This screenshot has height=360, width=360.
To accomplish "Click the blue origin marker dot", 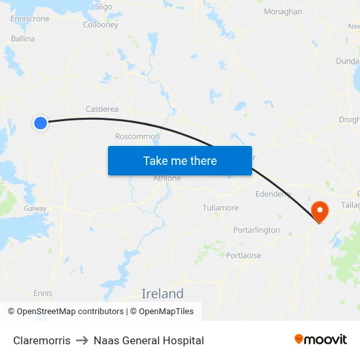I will point(41,122).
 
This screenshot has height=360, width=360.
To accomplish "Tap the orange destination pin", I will point(320,211).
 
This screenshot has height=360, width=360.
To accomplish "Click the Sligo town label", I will point(103,7).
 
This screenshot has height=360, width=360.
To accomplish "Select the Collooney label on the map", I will point(101,25).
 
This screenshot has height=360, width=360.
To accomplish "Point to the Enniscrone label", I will point(29,19).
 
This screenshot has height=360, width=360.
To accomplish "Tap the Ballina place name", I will point(23,39).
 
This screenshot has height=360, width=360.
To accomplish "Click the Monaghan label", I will point(283,12).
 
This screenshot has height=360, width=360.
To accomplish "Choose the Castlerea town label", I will point(102,109).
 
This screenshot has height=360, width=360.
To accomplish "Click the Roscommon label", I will point(137,136).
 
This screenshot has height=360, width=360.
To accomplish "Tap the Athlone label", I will point(166,178).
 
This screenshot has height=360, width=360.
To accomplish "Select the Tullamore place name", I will point(221,207).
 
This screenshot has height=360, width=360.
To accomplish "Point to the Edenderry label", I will point(273,194).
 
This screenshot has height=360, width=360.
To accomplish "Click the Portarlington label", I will point(257,230).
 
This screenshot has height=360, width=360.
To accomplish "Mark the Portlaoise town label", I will point(243,256).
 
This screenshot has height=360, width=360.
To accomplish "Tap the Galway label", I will point(35,208).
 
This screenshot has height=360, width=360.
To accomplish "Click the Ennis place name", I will point(43,293).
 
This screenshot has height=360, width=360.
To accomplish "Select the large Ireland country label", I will point(163,293).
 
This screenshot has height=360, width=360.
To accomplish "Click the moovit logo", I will point(321,340).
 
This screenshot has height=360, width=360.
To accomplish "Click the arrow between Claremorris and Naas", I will point(82,340).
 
